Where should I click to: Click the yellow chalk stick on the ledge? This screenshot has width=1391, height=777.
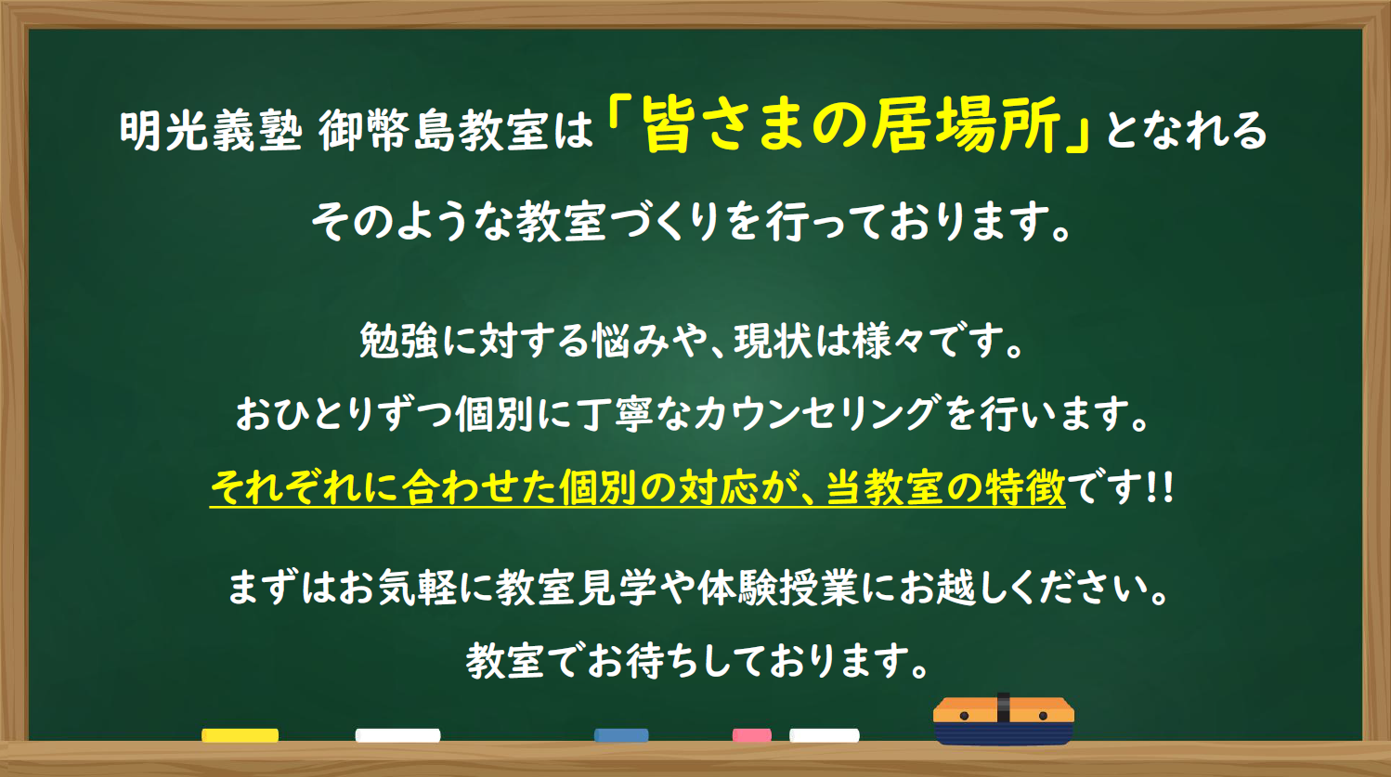[x=240, y=735]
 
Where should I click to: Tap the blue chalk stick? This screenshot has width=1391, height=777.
[x=621, y=735]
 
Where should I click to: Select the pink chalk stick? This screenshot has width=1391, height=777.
[x=751, y=735]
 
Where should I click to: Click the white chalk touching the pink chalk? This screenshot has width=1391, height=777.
[x=824, y=735]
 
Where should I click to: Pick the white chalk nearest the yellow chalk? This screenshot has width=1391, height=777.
[x=397, y=735]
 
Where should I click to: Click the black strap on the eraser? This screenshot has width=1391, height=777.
[x=1003, y=708]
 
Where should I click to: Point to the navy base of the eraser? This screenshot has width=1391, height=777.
[x=1004, y=733]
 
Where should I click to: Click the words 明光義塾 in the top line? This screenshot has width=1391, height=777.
[x=211, y=132]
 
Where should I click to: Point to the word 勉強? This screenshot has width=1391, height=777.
[x=398, y=340]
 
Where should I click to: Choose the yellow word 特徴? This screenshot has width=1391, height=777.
[x=1025, y=487]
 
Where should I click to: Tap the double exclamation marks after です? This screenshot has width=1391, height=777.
[x=1159, y=487]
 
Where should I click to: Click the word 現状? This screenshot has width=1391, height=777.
[x=773, y=340]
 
